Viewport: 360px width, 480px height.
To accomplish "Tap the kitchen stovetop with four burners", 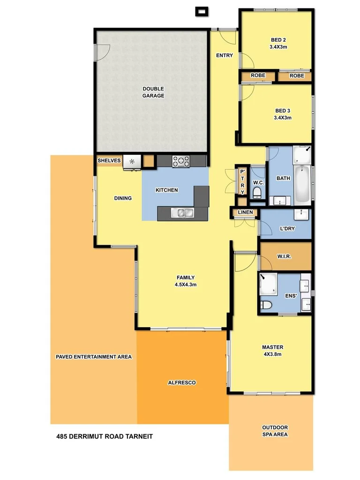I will (x=181, y=161).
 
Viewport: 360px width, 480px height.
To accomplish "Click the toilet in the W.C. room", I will (x=257, y=193).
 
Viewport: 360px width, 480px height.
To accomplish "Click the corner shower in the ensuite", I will (x=268, y=283).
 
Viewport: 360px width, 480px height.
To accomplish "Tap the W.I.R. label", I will (x=285, y=256).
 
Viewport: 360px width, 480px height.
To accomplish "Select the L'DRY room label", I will (x=287, y=229).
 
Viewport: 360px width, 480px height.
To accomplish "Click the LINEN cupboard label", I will (x=245, y=212).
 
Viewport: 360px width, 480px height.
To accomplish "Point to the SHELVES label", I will (x=109, y=161).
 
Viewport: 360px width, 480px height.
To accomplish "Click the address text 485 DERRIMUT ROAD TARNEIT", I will (x=104, y=436).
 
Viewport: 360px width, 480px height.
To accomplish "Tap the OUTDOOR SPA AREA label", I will (x=275, y=431).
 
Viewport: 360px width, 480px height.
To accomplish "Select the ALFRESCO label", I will (x=181, y=382).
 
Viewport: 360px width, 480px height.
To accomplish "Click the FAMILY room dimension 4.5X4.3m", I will (x=186, y=284).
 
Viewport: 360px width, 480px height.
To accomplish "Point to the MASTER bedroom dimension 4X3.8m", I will (x=272, y=354).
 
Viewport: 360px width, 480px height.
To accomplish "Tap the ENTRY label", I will (x=224, y=55).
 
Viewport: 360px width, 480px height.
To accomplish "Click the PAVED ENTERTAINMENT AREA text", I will (x=93, y=357).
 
